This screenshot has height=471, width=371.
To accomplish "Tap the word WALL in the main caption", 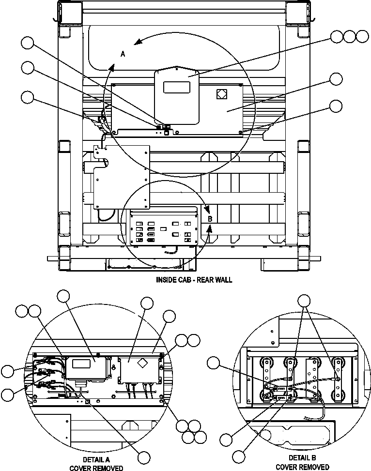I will tap(223, 280).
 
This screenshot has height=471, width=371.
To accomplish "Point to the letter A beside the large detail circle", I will tap(123, 55).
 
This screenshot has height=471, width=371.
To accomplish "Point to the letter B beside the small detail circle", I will tap(210, 219).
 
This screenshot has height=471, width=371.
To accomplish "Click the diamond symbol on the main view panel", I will tap(221, 94).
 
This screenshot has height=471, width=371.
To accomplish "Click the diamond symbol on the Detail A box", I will tap(142, 363).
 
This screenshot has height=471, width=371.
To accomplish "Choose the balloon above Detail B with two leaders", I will tap(304, 301).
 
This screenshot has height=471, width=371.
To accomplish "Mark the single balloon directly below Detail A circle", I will tap(144, 457).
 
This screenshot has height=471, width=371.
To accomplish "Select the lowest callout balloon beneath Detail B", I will tap(238, 456).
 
